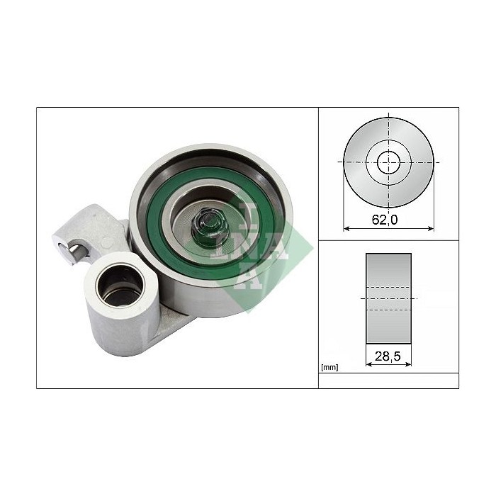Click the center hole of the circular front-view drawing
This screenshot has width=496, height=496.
388,162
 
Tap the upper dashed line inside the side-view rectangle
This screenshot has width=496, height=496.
388,288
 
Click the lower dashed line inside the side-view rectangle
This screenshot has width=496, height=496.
388,310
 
